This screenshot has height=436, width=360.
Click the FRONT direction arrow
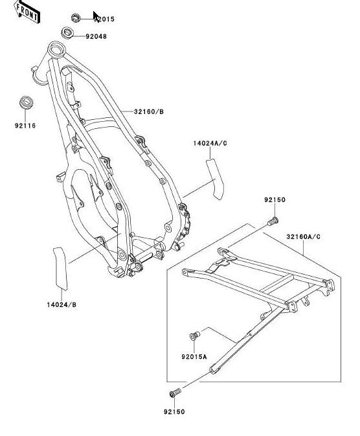click(x=27, y=12)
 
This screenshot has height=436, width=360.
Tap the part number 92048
click(x=96, y=36)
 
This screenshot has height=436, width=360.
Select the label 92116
click(x=25, y=126)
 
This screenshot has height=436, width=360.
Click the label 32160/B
click(x=149, y=112)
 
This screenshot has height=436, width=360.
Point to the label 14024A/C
click(x=210, y=143)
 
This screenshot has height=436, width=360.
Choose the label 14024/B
click(x=61, y=304)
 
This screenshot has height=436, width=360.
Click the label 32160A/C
click(x=303, y=237)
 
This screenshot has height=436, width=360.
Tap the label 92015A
click(x=194, y=356)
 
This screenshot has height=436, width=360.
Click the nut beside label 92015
click(x=75, y=18)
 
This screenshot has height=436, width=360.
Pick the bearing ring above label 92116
click(x=27, y=102)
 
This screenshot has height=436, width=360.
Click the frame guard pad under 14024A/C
click(x=215, y=179)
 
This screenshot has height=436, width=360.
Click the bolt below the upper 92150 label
click(x=273, y=222)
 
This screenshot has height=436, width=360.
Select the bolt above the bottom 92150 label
click(x=175, y=393)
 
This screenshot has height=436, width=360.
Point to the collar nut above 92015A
click(x=195, y=336)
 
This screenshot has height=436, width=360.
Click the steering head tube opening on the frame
click(x=56, y=49)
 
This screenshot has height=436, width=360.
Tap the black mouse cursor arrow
click(x=96, y=16)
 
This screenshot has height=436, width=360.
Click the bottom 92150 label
click(x=174, y=412)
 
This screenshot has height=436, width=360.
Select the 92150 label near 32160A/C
click(x=275, y=200)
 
